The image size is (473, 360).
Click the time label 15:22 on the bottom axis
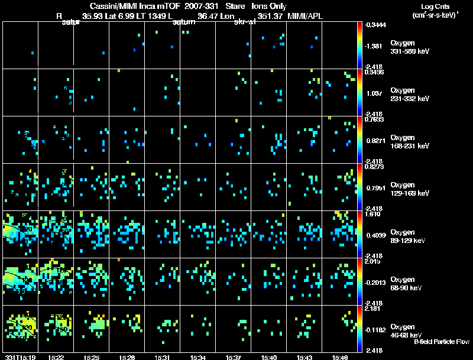[x=56, y=357]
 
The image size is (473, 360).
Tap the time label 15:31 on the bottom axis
[x=163, y=357]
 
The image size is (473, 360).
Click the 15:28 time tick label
[x=127, y=357]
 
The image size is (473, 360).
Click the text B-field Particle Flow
[x=441, y=342]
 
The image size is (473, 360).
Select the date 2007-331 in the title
[x=200, y=5]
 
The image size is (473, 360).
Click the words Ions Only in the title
[x=270, y=5]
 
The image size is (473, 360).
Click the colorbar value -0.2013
[x=375, y=281]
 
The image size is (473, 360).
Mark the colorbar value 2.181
[x=373, y=309]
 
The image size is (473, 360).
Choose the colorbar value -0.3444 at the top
[x=375, y=25]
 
